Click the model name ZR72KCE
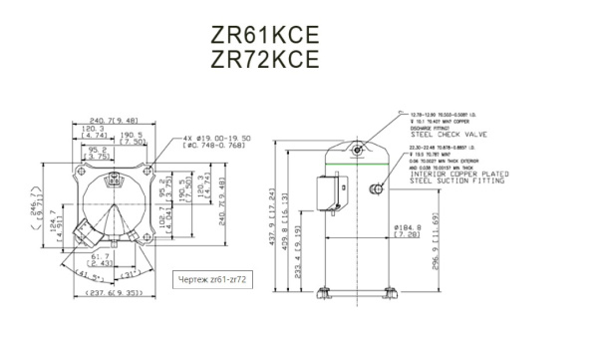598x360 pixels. [265, 59]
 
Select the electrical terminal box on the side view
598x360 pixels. [324, 191]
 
